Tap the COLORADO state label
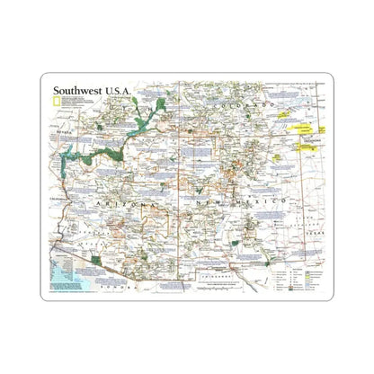pyautogui.click(x=243, y=106)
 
